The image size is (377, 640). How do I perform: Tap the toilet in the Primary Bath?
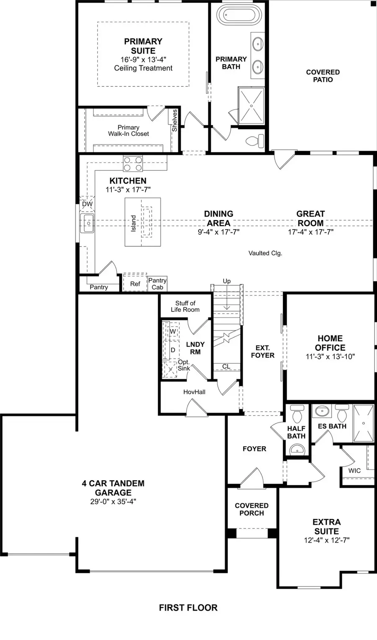[256, 140]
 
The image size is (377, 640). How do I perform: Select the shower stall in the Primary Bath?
[251, 106]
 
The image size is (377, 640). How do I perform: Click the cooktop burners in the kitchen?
[133, 163]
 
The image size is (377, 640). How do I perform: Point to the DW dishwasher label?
[87, 204]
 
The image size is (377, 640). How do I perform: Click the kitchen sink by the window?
[88, 223]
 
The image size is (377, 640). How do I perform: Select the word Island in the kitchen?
[134, 223]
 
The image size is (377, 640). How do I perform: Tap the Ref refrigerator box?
[135, 284]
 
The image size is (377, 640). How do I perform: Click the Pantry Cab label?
[158, 284]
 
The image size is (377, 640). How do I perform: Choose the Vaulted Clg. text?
[265, 253]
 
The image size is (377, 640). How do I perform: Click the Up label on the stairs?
[227, 281]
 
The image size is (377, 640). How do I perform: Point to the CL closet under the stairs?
[226, 367]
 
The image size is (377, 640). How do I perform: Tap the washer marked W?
[173, 331]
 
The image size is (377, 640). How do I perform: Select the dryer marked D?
[173, 350]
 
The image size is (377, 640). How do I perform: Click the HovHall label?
[194, 392]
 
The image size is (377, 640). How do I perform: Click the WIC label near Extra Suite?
[354, 471]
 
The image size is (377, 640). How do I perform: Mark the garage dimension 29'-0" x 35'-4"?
[113, 502]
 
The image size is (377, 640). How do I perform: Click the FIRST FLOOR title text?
[188, 608]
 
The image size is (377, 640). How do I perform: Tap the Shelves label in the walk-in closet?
[175, 120]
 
